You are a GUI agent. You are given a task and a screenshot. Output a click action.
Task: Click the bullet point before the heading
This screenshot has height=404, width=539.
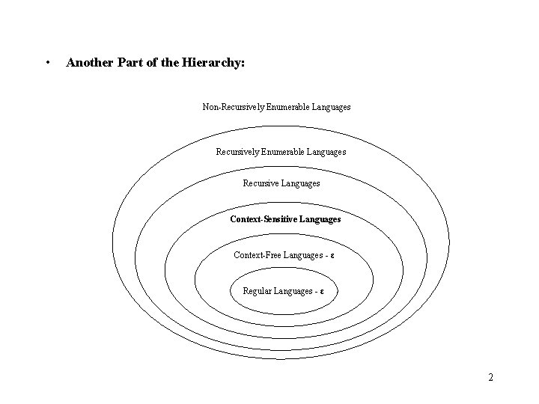point(48,63)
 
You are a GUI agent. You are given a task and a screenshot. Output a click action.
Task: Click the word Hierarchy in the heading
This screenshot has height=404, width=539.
point(213,63)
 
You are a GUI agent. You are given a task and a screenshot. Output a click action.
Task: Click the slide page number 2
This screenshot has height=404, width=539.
point(490,377)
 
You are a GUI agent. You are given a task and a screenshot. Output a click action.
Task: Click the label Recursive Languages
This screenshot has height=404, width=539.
point(281,183)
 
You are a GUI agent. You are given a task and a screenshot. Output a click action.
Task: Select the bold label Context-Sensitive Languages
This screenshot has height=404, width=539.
point(285,219)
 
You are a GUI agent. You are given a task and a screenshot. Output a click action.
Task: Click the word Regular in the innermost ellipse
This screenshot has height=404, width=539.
point(257,291)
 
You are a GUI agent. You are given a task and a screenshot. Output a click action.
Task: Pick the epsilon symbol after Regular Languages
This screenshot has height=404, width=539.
point(322,291)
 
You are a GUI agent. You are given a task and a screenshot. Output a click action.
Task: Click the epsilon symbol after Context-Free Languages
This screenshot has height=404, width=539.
point(332,255)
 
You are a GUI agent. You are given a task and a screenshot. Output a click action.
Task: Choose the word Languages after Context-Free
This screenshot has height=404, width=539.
point(302,255)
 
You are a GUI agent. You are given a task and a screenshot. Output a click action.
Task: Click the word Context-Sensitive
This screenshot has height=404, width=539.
point(264,219)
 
